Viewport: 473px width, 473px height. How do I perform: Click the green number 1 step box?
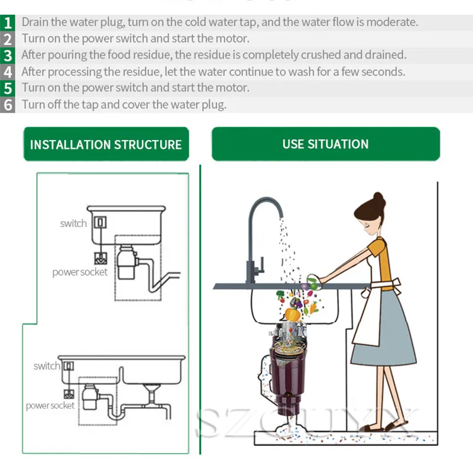[8, 22]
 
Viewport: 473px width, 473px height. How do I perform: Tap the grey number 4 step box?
[8, 72]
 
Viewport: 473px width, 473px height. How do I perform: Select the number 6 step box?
[8, 105]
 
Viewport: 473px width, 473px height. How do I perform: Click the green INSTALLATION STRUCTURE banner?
[106, 144]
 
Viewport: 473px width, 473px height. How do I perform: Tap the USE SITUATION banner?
[326, 144]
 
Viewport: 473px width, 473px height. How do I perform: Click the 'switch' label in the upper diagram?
[73, 223]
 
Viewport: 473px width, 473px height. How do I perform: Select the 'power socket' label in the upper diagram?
[80, 272]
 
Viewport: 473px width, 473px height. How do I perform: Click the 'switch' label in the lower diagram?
[47, 366]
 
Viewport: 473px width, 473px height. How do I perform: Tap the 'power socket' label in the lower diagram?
[50, 406]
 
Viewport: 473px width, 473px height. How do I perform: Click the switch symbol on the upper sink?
[100, 222]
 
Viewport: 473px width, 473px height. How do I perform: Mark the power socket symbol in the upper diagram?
[101, 258]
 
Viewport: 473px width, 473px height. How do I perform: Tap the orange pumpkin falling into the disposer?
[292, 314]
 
